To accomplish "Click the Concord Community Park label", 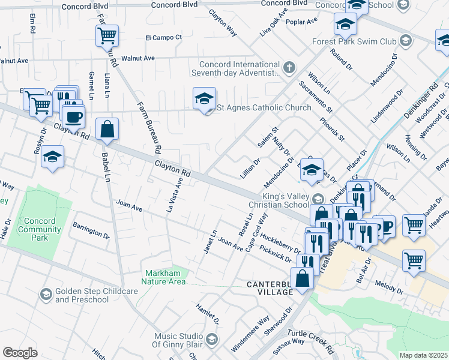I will (40, 229).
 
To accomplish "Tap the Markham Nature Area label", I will (164, 277).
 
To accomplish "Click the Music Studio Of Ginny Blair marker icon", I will (211, 340).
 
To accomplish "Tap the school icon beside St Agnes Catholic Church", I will (204, 99).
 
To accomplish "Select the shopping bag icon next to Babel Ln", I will (107, 130).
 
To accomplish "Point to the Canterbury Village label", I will (268, 287).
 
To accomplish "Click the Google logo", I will (20, 352).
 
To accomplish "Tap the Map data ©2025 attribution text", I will (423, 355).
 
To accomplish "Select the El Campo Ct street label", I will (163, 37).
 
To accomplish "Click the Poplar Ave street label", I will (304, 21).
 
